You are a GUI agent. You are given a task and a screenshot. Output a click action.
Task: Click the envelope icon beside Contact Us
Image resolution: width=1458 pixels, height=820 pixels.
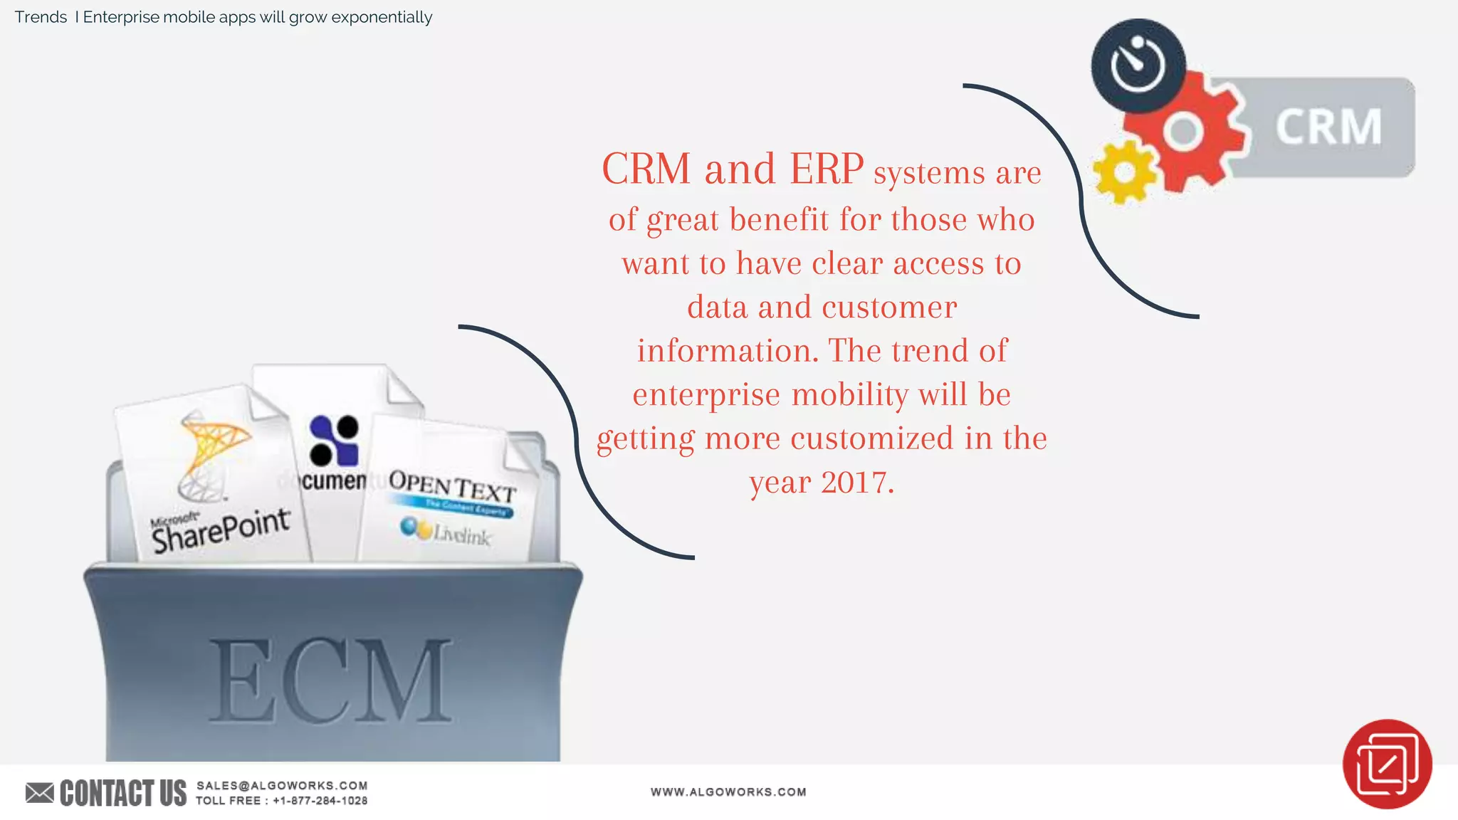click(x=40, y=792)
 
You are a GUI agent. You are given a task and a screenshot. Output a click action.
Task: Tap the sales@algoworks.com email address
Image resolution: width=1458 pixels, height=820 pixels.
click(x=282, y=785)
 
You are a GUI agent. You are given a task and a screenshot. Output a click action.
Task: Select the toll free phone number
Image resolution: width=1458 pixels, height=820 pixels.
click(x=320, y=801)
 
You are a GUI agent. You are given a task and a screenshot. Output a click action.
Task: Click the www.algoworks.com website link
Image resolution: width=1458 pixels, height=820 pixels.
click(x=728, y=792)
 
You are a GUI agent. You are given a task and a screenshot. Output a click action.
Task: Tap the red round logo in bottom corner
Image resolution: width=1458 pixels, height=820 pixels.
click(x=1387, y=764)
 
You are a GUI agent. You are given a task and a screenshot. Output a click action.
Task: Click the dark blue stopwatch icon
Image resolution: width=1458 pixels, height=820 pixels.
click(x=1138, y=65)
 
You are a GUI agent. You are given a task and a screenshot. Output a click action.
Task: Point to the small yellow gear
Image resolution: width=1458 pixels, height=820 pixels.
click(x=1124, y=172)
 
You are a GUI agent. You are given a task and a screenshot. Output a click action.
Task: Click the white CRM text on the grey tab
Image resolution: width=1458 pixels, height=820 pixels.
click(x=1328, y=127)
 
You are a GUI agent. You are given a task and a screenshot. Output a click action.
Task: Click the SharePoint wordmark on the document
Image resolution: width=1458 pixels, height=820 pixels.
click(x=221, y=530)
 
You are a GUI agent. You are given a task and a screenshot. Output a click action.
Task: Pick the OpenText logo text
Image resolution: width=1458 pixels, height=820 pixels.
click(x=452, y=487)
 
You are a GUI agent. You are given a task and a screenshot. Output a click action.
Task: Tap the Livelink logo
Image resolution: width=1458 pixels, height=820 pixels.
click(x=446, y=531)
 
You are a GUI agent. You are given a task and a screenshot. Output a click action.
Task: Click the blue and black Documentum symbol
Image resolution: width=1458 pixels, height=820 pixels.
click(x=334, y=440)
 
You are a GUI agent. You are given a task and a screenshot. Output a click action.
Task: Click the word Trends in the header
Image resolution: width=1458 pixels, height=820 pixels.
click(x=41, y=17)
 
